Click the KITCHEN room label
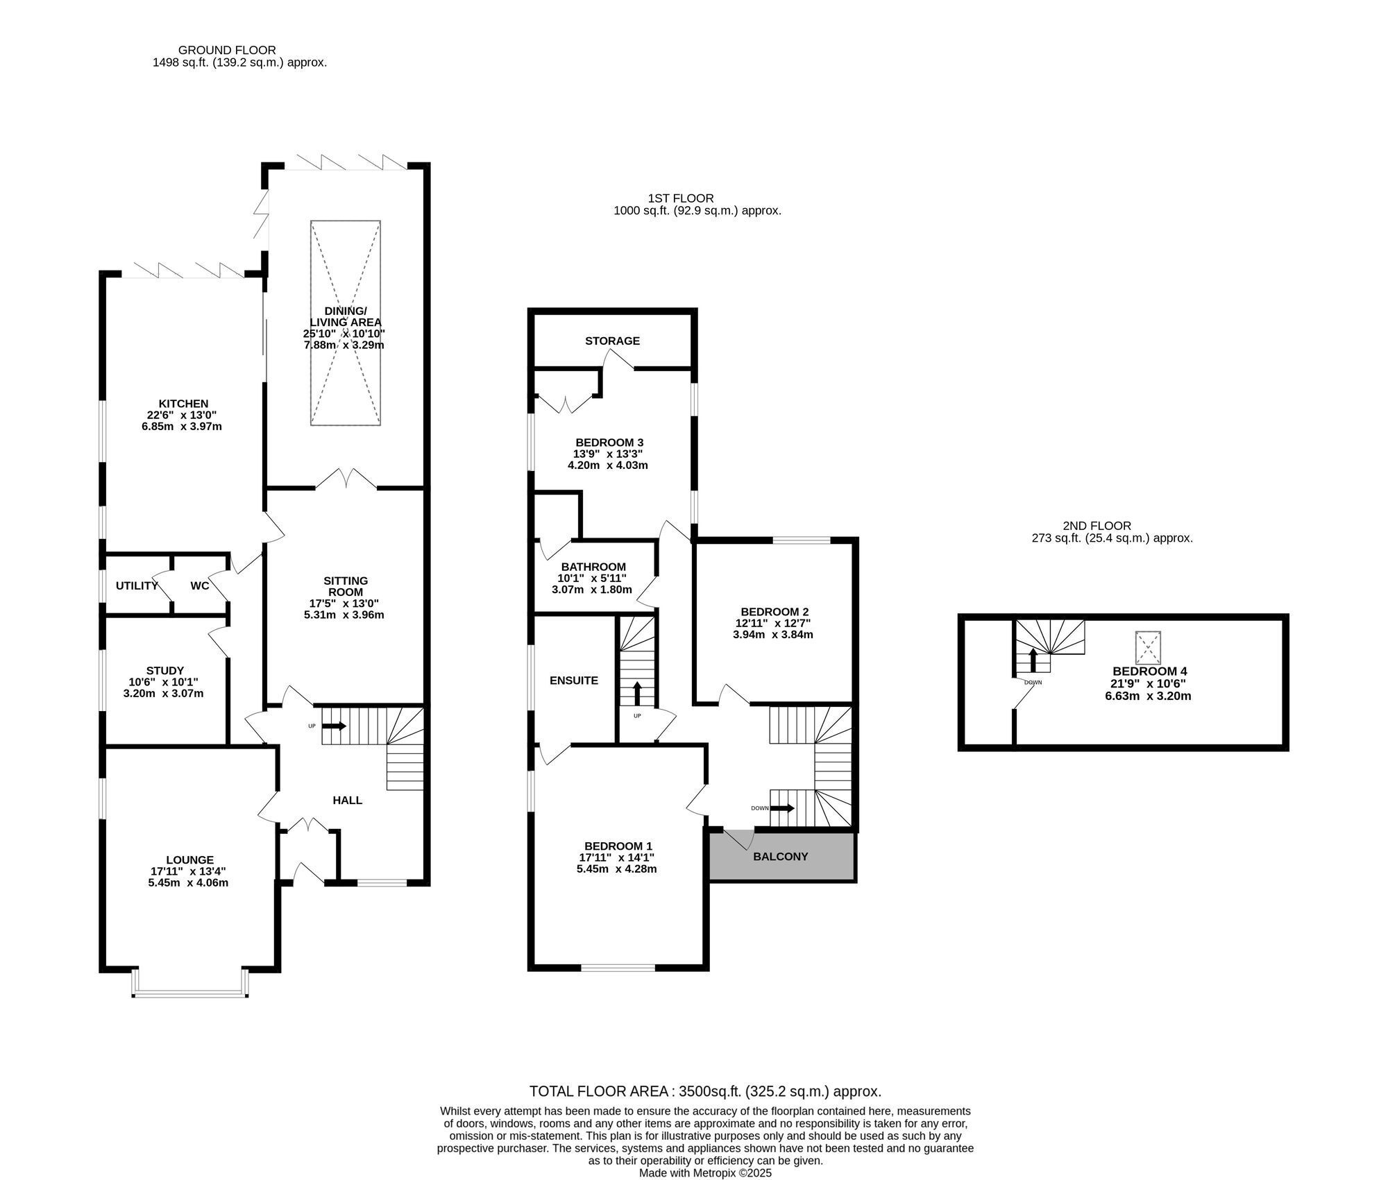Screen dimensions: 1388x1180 click(183, 404)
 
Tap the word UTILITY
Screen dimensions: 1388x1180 click(137, 585)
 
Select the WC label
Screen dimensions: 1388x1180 click(200, 585)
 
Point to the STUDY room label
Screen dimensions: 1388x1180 click(165, 671)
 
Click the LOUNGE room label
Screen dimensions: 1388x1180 click(189, 860)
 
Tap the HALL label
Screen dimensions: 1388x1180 click(348, 800)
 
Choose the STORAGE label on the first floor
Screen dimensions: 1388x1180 click(612, 341)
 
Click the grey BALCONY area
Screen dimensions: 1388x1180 click(781, 856)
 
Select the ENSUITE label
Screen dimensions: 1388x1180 click(574, 681)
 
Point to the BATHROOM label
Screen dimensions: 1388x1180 click(593, 567)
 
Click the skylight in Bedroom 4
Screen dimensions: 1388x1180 click(1148, 648)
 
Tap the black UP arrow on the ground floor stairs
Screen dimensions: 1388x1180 click(334, 726)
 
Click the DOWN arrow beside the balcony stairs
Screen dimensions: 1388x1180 click(782, 808)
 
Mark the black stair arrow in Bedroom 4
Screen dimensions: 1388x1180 click(1033, 660)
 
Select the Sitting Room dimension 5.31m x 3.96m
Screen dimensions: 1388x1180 click(344, 615)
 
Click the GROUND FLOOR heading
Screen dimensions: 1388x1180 click(227, 50)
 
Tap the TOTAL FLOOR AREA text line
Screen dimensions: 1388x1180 click(705, 1091)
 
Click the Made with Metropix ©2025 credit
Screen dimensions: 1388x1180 click(705, 1173)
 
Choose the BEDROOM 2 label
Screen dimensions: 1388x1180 click(775, 612)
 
